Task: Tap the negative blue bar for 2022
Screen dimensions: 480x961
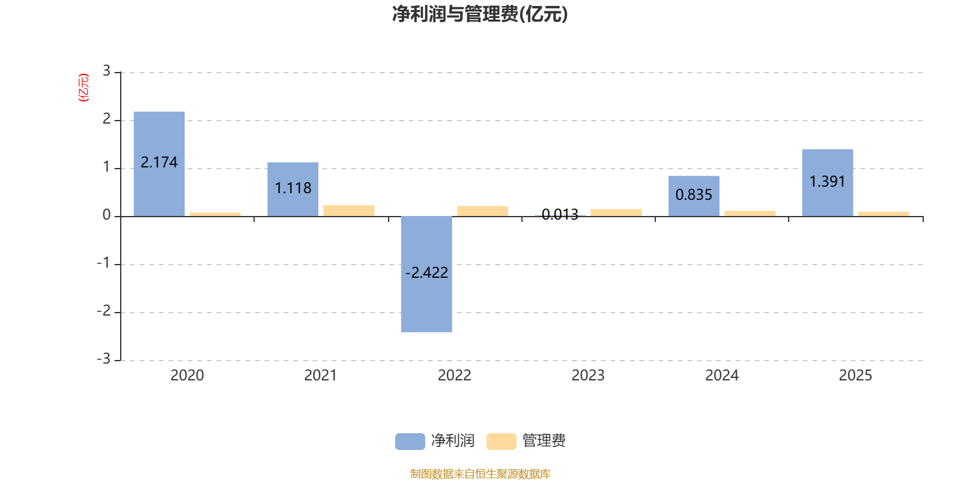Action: pyautogui.click(x=426, y=300)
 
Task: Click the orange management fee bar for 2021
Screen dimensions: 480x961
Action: pyautogui.click(x=349, y=211)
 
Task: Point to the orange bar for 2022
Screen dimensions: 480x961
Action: pyautogui.click(x=482, y=211)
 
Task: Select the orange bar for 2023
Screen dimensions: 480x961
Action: pyautogui.click(x=616, y=212)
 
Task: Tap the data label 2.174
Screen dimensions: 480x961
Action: pyautogui.click(x=159, y=163)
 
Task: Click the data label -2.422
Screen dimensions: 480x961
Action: pyautogui.click(x=426, y=273)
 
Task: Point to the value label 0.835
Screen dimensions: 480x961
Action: pyautogui.click(x=694, y=195)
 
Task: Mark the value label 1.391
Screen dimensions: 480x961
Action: pyautogui.click(x=827, y=182)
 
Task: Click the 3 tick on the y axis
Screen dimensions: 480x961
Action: pyautogui.click(x=106, y=71)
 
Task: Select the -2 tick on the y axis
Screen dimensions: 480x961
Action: pyautogui.click(x=104, y=311)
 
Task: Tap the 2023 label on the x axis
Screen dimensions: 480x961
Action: pyautogui.click(x=588, y=376)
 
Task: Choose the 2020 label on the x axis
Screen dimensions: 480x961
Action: pyautogui.click(x=187, y=376)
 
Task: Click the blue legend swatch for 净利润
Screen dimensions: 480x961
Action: pyautogui.click(x=410, y=441)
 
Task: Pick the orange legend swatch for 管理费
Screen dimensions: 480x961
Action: pyautogui.click(x=501, y=441)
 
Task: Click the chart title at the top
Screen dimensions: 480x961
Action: pyautogui.click(x=480, y=14)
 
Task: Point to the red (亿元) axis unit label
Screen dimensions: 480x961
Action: pyautogui.click(x=83, y=88)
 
